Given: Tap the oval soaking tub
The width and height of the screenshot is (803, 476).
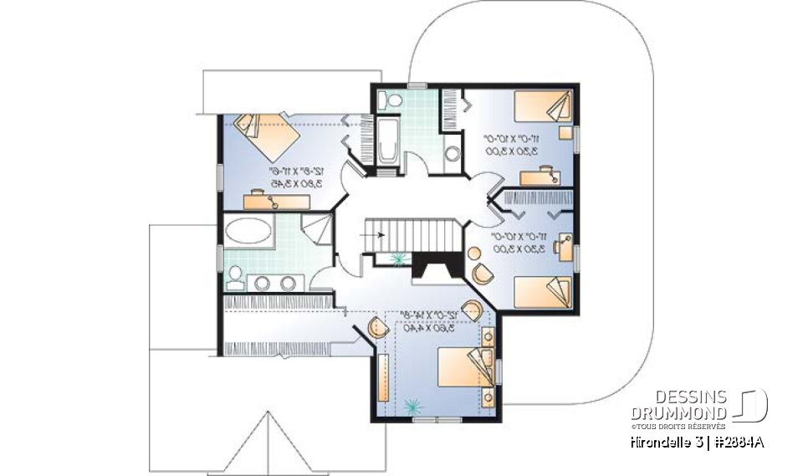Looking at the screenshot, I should click(248, 230).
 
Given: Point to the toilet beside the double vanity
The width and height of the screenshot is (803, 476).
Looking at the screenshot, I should click(235, 276).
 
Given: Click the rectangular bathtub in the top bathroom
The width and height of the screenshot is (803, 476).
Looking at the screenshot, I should click(387, 141).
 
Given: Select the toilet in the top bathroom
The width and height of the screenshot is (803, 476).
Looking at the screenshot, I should click(386, 100).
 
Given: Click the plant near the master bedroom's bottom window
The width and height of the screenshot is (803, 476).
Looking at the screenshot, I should click(411, 406).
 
